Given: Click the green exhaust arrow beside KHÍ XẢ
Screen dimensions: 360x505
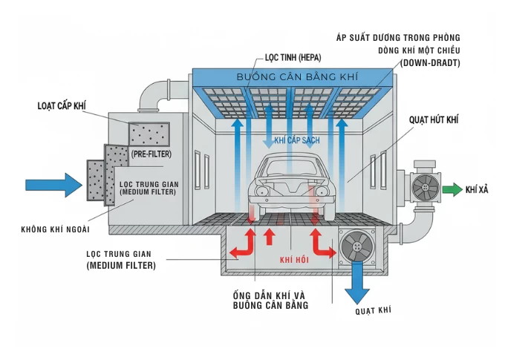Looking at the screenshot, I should click(x=453, y=190).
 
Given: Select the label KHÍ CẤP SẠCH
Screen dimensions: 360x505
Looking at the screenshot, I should click(x=296, y=140).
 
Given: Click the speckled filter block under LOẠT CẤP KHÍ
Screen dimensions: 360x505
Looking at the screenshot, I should click(x=149, y=134).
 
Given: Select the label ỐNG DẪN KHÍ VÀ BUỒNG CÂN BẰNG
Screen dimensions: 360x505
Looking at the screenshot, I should click(x=270, y=298).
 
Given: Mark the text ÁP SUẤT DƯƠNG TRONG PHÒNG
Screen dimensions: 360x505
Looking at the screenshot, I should click(x=398, y=37).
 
